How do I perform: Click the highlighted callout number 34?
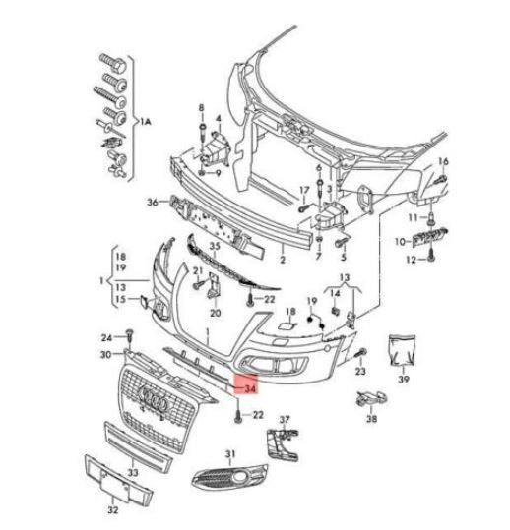(250, 389)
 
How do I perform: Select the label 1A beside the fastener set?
(145, 121)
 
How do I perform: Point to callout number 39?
(404, 379)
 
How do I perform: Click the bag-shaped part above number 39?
(403, 350)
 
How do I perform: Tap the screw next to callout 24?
(130, 335)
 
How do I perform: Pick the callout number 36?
(153, 203)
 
